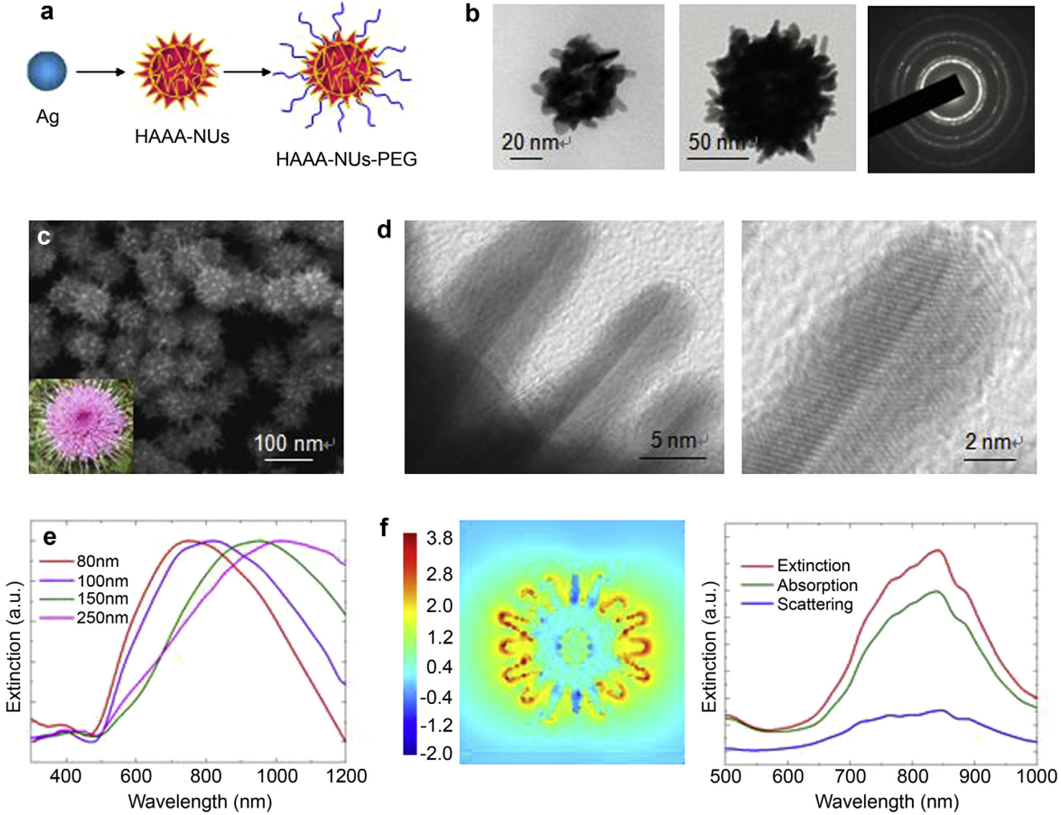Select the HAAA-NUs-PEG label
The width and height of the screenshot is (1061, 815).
[x=346, y=159]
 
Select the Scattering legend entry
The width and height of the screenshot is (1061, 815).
[x=814, y=604]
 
